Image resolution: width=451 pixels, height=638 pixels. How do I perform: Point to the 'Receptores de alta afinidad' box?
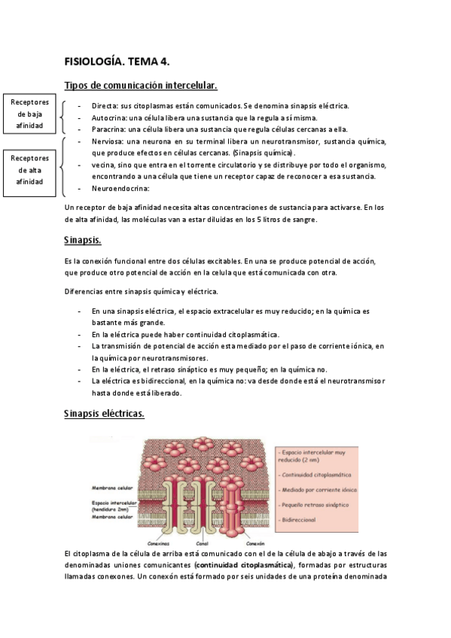[30, 170]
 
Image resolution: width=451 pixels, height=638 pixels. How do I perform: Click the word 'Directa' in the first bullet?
[105, 106]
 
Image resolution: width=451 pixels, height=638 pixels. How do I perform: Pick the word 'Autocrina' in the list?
[109, 117]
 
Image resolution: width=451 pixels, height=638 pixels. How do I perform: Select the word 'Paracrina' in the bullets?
[109, 129]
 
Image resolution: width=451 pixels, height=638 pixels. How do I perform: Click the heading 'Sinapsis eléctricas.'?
[105, 415]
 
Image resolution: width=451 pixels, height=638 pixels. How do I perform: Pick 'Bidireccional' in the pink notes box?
[300, 520]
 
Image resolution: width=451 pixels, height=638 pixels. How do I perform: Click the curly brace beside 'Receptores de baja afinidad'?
[62, 117]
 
